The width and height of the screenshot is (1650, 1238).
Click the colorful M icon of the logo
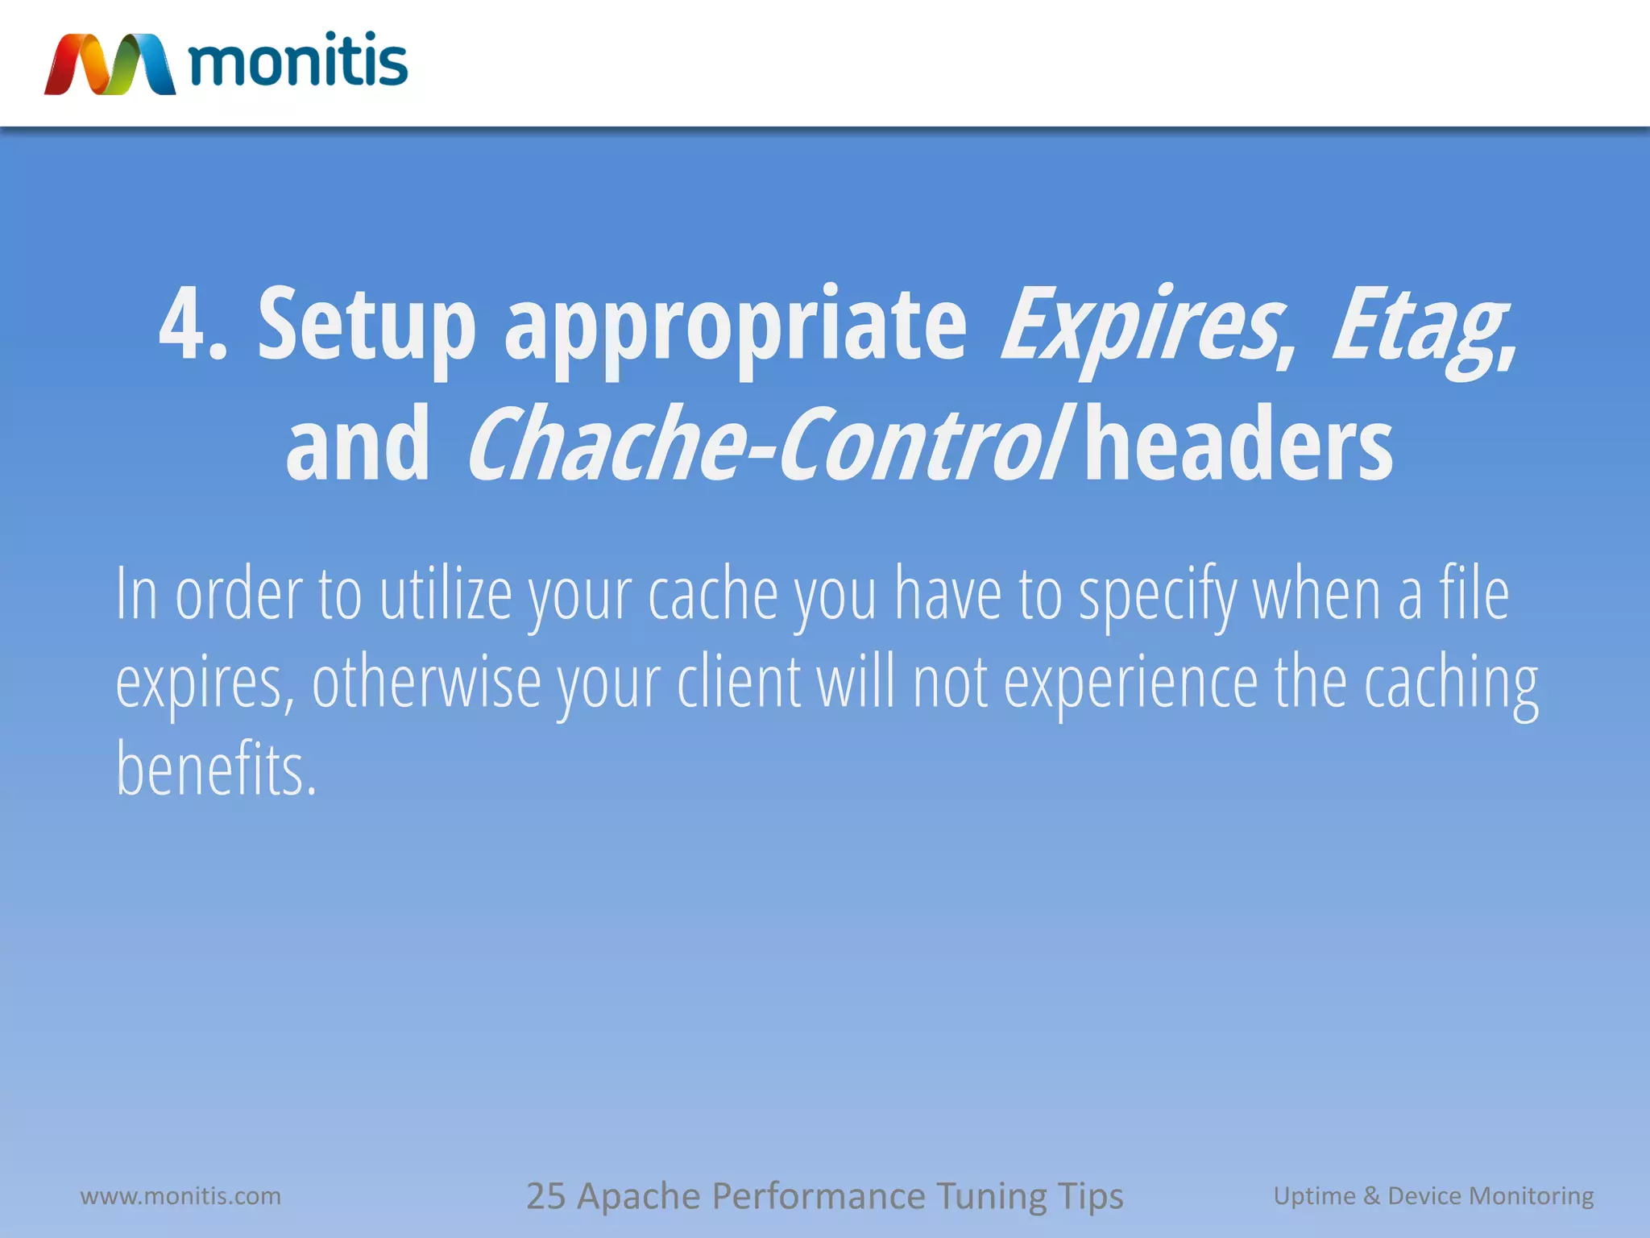tap(110, 64)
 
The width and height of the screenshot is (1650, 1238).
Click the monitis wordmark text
tap(298, 61)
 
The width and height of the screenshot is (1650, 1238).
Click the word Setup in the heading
tap(367, 324)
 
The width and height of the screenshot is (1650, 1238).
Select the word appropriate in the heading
tap(735, 326)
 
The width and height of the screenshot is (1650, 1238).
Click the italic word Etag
tap(1420, 326)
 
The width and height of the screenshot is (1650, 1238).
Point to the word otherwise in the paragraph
tap(426, 683)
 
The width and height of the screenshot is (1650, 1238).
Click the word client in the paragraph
tap(739, 683)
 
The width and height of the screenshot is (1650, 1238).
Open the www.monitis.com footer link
tap(180, 1195)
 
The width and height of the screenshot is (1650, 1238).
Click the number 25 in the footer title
tap(545, 1196)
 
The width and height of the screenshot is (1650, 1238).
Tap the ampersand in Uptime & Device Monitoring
tap(1371, 1195)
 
